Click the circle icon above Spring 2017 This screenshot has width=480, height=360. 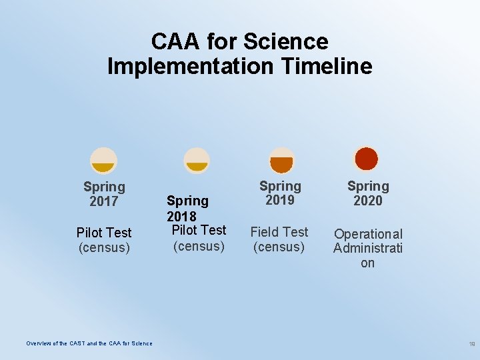coord(103,160)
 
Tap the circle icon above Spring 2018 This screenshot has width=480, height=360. coord(197,160)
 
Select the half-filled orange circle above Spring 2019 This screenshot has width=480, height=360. coord(281,160)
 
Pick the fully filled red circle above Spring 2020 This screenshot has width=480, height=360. coord(366,159)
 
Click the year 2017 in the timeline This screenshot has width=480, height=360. coord(103,201)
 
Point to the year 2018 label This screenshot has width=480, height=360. coord(181,216)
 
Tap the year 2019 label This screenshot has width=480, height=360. coord(280,200)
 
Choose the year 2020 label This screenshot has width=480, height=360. coord(368,201)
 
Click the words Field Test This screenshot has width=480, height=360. coord(279,232)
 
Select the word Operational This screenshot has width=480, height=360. coord(368,234)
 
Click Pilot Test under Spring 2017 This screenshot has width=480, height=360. coord(104,233)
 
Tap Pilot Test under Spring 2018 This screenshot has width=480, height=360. coord(199,230)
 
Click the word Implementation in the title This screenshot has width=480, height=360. coord(190,66)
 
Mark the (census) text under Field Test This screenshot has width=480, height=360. coord(279,247)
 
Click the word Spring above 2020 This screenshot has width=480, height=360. coord(368,186)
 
